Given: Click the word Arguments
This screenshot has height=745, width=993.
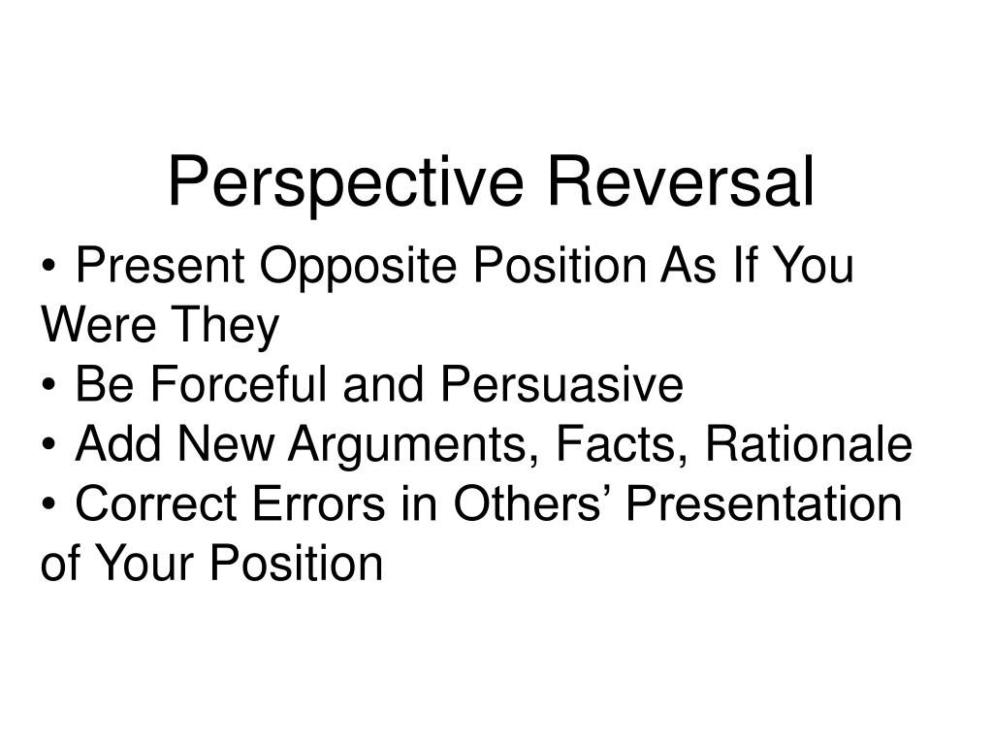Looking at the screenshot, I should tap(411, 446).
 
